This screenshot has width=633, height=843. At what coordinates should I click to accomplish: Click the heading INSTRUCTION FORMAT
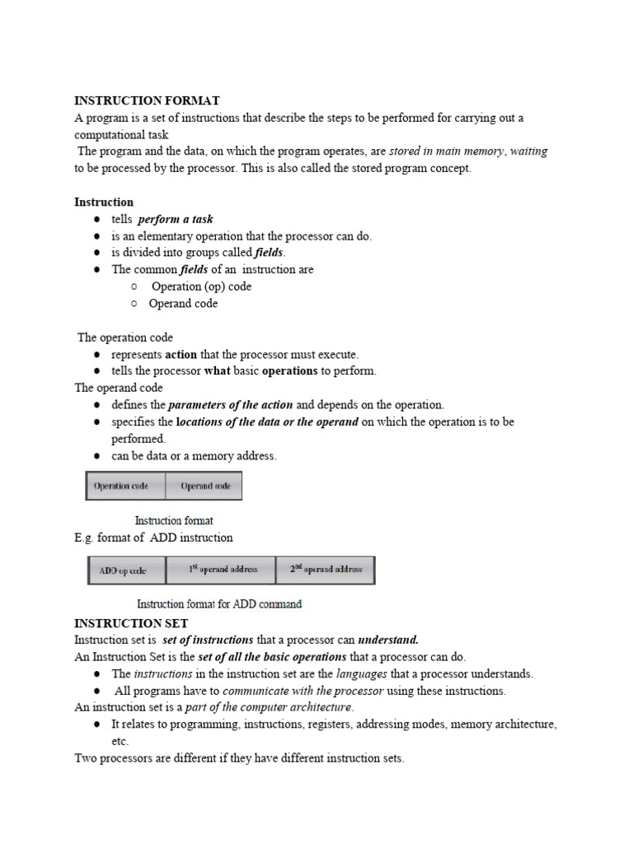(x=147, y=100)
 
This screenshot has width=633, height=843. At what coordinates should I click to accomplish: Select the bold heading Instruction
(x=104, y=202)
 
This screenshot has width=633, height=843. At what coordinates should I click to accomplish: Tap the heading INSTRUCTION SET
(x=131, y=623)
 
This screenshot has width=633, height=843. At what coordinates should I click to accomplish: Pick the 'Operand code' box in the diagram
(x=204, y=486)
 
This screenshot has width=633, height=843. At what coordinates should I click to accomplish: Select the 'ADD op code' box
(x=126, y=570)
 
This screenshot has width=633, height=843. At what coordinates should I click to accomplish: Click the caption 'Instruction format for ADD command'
(x=219, y=603)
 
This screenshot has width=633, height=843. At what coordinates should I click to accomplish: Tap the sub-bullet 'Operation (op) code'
(x=201, y=286)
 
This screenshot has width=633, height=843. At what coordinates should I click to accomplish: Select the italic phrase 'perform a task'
(x=176, y=219)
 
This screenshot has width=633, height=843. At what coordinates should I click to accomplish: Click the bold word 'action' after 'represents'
(x=181, y=354)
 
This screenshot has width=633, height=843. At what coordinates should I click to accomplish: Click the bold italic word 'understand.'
(x=388, y=640)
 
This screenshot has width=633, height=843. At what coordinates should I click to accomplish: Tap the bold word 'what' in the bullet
(x=218, y=370)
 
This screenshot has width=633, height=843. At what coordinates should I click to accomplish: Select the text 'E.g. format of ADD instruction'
(x=154, y=538)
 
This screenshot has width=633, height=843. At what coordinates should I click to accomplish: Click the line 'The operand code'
(x=119, y=388)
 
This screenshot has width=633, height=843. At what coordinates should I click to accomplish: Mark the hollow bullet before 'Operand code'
(x=134, y=304)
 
